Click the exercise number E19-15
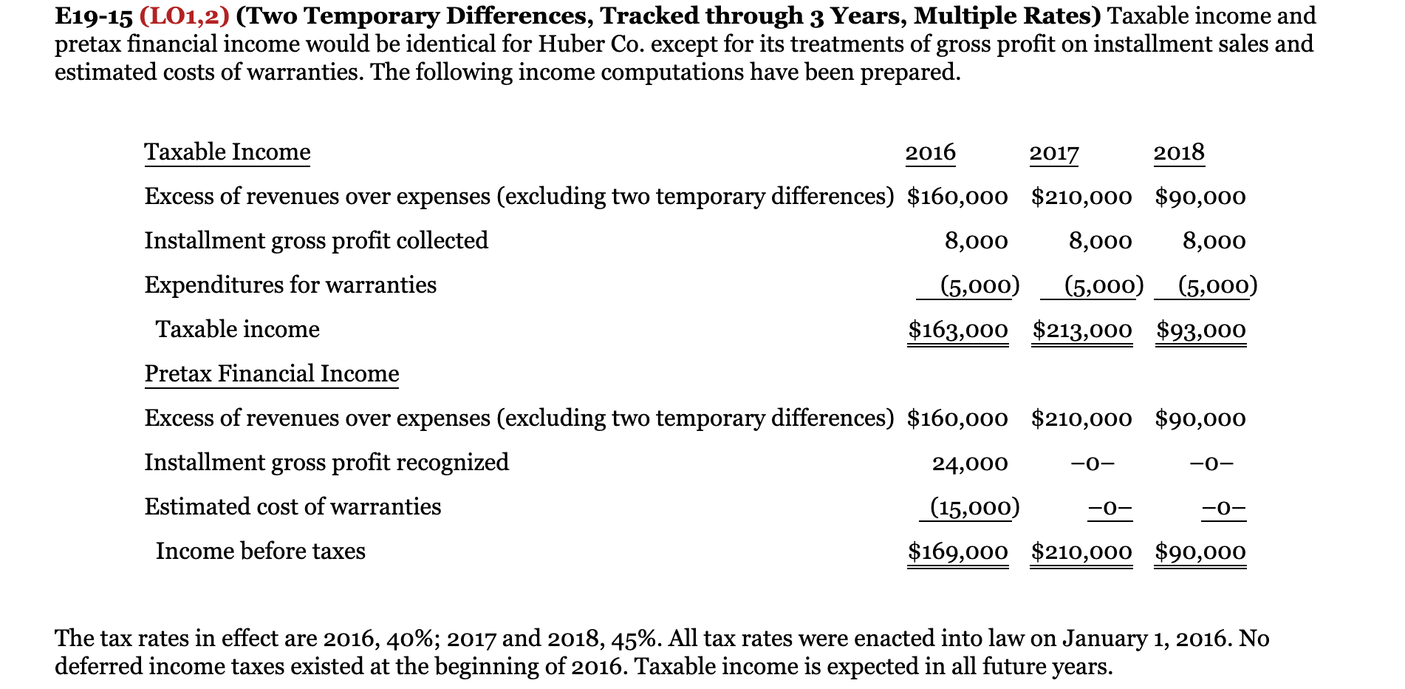pyautogui.click(x=93, y=16)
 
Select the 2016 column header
pyautogui.click(x=930, y=152)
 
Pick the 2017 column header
pyautogui.click(x=1054, y=152)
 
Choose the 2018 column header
pyautogui.click(x=1179, y=152)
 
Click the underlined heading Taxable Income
pyautogui.click(x=228, y=152)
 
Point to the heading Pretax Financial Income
pyautogui.click(x=272, y=374)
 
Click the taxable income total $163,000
pyautogui.click(x=957, y=330)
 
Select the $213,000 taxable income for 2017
pyautogui.click(x=1081, y=330)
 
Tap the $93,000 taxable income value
pyautogui.click(x=1200, y=330)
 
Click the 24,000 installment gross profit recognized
pyautogui.click(x=969, y=464)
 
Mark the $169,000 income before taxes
pyautogui.click(x=957, y=551)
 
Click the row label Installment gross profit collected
pyautogui.click(x=316, y=241)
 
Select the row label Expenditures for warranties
pyautogui.click(x=290, y=285)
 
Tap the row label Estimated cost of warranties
pyautogui.click(x=293, y=507)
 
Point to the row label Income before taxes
pyautogui.click(x=261, y=551)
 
